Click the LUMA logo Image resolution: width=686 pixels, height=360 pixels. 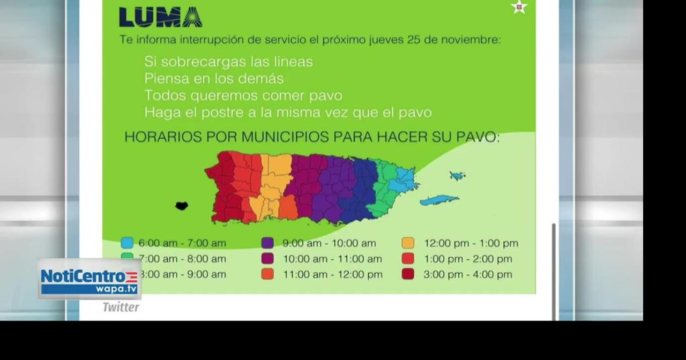point(160,17)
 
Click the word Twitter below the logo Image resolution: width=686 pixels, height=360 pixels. point(121,307)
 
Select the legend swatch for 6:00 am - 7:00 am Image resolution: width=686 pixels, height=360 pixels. point(127,243)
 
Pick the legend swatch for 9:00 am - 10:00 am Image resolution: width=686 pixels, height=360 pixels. point(267,243)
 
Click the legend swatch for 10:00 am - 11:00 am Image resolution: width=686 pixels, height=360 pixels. point(267,259)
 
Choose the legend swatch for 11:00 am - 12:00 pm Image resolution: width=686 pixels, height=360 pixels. point(267,274)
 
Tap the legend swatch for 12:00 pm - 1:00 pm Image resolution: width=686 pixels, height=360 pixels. point(408,243)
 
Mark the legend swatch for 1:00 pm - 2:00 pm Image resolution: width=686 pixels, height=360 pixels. point(408,259)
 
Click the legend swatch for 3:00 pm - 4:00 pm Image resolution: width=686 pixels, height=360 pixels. point(408,274)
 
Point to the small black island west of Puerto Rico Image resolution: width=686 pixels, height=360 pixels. point(182,206)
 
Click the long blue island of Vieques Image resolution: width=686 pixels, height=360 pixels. point(439,200)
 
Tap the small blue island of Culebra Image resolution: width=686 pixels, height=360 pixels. point(457,176)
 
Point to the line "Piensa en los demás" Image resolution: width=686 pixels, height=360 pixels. point(213,79)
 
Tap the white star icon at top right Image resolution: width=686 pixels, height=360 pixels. point(519,7)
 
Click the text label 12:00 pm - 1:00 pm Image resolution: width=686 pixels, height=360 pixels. point(471,243)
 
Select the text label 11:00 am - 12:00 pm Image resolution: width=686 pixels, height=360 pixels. point(332,274)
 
